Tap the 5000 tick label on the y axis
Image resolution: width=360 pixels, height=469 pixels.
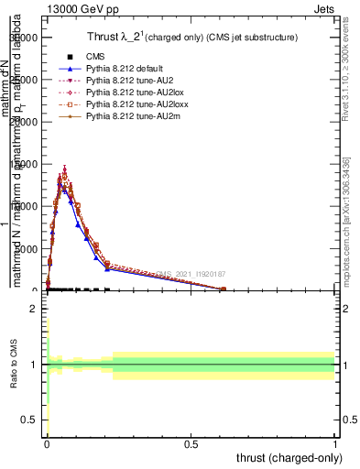click(x=25, y=249)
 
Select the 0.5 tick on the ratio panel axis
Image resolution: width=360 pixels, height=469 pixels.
click(x=29, y=420)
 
